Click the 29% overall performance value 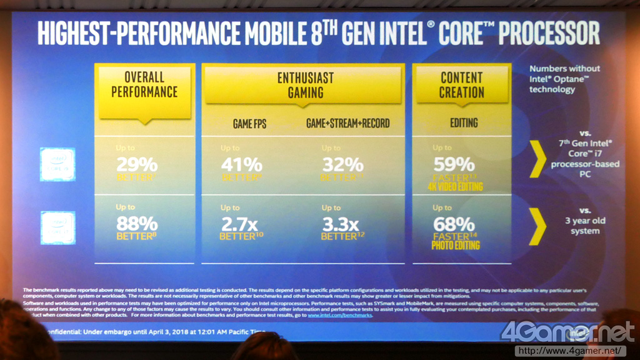137,165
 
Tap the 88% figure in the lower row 137,224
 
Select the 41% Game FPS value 241,165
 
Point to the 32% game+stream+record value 342,165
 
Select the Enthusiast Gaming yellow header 305,86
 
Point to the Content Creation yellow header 462,86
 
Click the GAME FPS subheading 249,124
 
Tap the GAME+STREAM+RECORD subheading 347,124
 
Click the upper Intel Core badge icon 57,164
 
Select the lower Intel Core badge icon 57,227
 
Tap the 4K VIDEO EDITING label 455,186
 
